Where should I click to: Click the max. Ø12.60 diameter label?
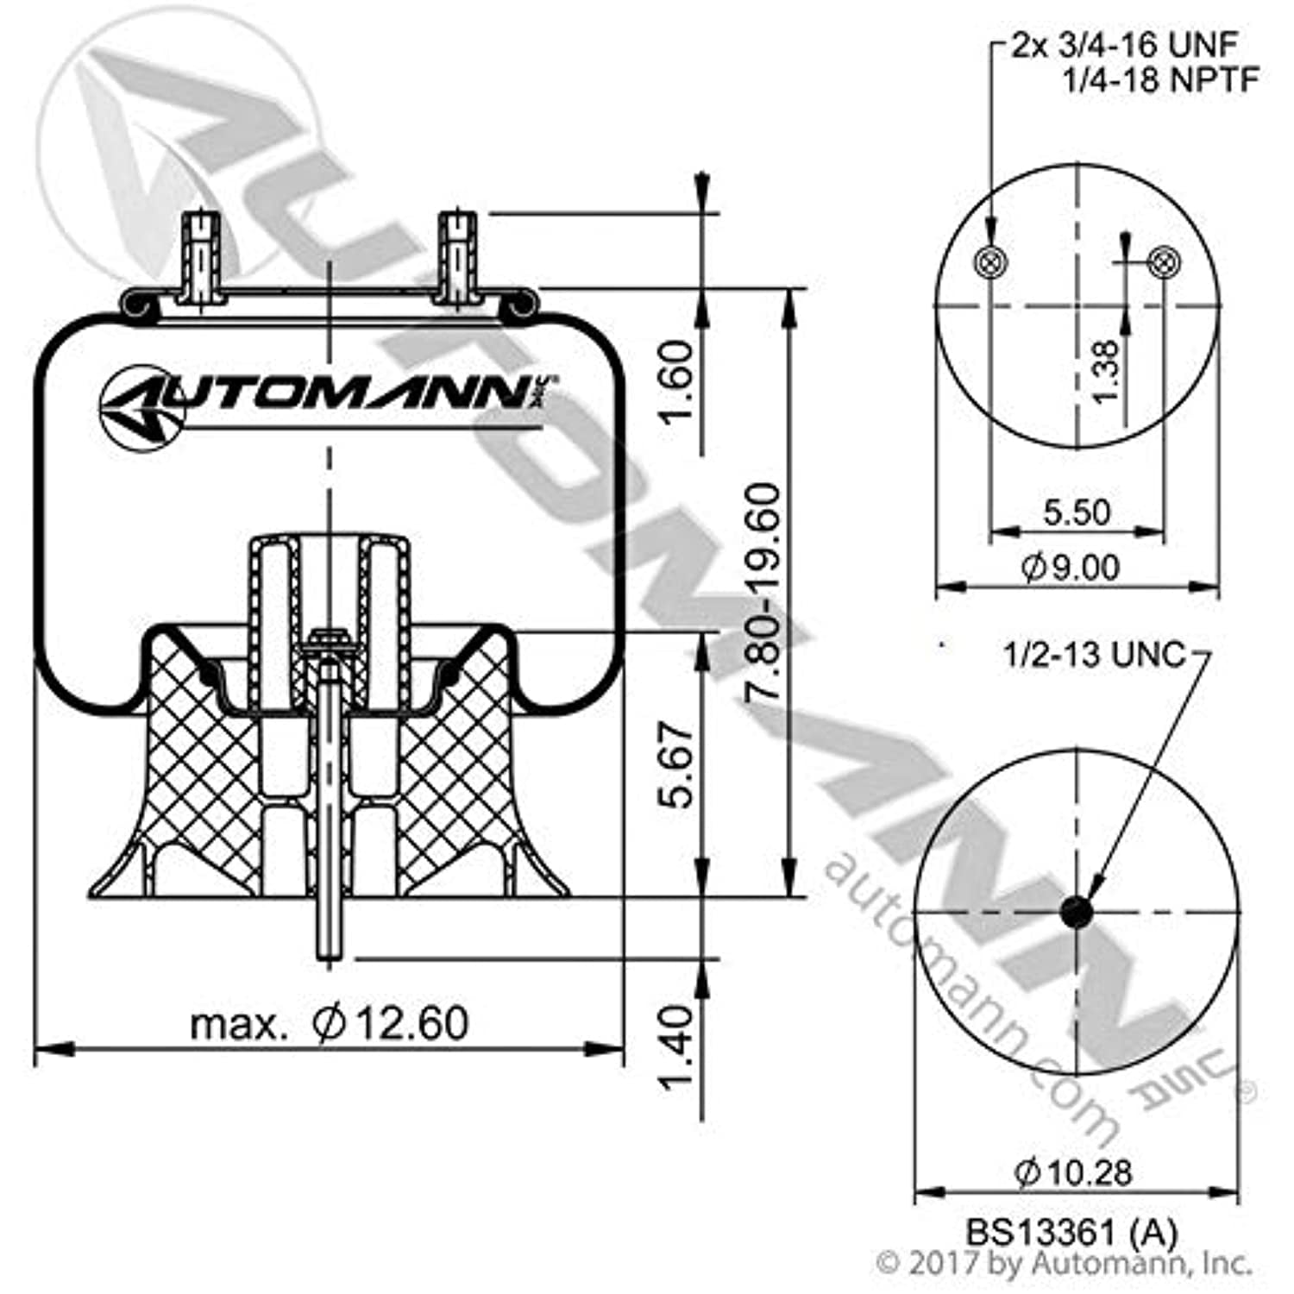330,1024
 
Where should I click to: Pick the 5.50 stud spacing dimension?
1076,512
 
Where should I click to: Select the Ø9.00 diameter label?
1071,568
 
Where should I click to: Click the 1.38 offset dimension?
1105,371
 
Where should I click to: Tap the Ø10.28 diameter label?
1073,1172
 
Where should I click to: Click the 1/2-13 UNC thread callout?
1094,655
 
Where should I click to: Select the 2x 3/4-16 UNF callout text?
1124,45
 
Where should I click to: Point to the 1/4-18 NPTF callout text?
1160,80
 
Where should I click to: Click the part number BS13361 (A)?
1071,1232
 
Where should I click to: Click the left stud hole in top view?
989,261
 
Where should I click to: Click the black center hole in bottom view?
1076,912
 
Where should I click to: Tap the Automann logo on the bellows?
328,399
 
